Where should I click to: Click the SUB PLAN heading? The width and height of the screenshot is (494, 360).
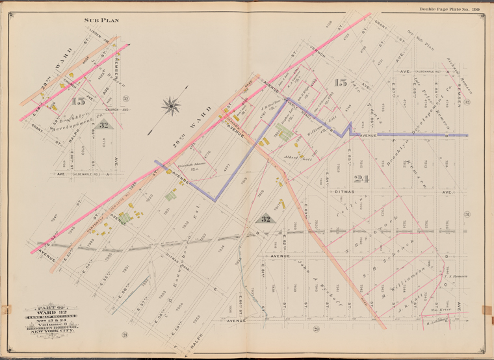click(x=101, y=20)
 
